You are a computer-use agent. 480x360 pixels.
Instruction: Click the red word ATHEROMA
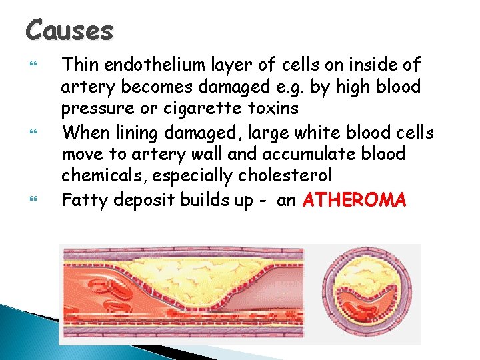[353, 199]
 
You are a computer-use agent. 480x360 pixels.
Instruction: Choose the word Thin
[79, 65]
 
